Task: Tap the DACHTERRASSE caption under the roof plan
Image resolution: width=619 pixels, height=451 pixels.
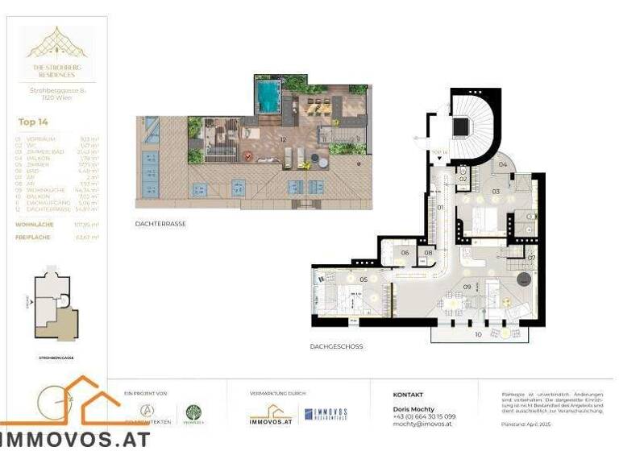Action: (160, 224)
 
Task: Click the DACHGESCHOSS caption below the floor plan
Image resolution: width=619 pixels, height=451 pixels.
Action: (336, 346)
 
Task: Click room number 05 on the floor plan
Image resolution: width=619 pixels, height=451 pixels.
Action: (364, 280)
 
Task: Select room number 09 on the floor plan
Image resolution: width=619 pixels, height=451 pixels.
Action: (467, 287)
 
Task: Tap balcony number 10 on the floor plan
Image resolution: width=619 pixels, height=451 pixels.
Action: (477, 333)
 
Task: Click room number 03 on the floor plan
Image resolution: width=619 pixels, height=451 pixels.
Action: (496, 192)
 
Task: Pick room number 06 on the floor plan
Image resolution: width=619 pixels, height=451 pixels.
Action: (405, 253)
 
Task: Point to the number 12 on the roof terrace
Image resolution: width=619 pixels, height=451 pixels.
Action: (283, 139)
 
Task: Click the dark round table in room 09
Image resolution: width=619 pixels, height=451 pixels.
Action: (523, 279)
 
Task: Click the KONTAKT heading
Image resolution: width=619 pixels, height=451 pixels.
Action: (408, 395)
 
